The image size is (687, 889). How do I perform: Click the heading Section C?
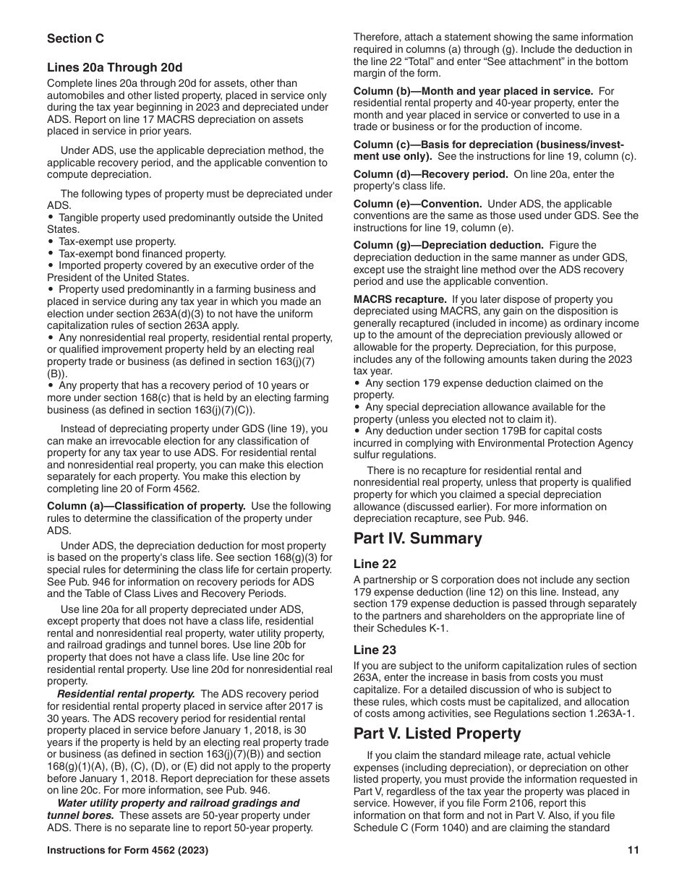click(76, 38)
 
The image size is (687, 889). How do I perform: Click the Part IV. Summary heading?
click(417, 538)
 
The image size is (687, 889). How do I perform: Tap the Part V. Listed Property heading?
click(437, 734)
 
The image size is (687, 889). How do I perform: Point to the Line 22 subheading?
click(375, 564)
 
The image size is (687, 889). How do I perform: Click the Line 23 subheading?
click(375, 650)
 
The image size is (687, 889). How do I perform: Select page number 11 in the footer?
click(633, 851)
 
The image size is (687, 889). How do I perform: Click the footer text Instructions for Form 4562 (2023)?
click(127, 851)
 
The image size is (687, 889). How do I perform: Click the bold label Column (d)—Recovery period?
click(430, 174)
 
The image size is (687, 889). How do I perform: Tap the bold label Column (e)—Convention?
click(417, 204)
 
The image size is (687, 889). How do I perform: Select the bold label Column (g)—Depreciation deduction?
click(448, 245)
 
